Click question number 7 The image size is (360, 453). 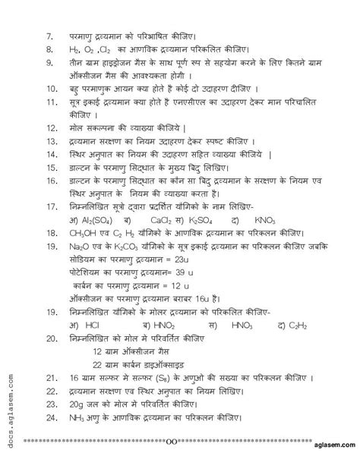tap(49, 36)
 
